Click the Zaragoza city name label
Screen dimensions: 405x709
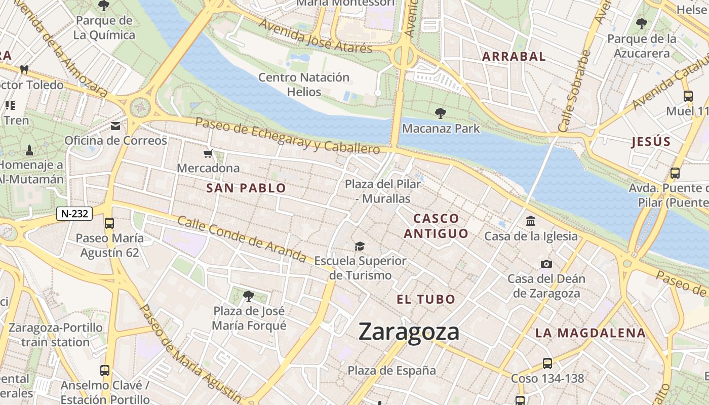click(x=409, y=332)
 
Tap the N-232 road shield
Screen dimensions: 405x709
click(x=74, y=214)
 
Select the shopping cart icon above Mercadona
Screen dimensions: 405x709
click(x=208, y=153)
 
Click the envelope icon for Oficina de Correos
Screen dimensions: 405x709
click(x=116, y=126)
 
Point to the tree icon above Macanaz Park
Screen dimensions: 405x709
click(x=440, y=113)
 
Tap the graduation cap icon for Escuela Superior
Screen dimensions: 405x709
click(x=360, y=246)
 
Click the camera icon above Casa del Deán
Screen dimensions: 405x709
click(x=546, y=264)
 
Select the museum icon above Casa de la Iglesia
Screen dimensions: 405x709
click(x=531, y=221)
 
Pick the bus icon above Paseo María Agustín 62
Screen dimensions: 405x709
click(x=109, y=223)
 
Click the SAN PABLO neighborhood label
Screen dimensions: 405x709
click(x=246, y=188)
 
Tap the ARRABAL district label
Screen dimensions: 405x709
click(x=514, y=56)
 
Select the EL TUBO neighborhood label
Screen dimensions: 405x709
click(x=426, y=299)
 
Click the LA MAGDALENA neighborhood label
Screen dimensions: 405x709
click(x=590, y=333)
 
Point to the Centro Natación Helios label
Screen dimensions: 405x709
click(x=304, y=85)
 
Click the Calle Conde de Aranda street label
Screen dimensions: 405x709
click(x=242, y=239)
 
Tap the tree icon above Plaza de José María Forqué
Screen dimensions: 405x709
click(x=248, y=296)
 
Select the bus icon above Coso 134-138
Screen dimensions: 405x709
click(x=547, y=363)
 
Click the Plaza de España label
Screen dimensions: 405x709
click(x=391, y=371)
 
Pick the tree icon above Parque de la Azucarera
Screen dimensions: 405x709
click(x=641, y=23)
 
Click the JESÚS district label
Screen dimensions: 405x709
click(x=651, y=142)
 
